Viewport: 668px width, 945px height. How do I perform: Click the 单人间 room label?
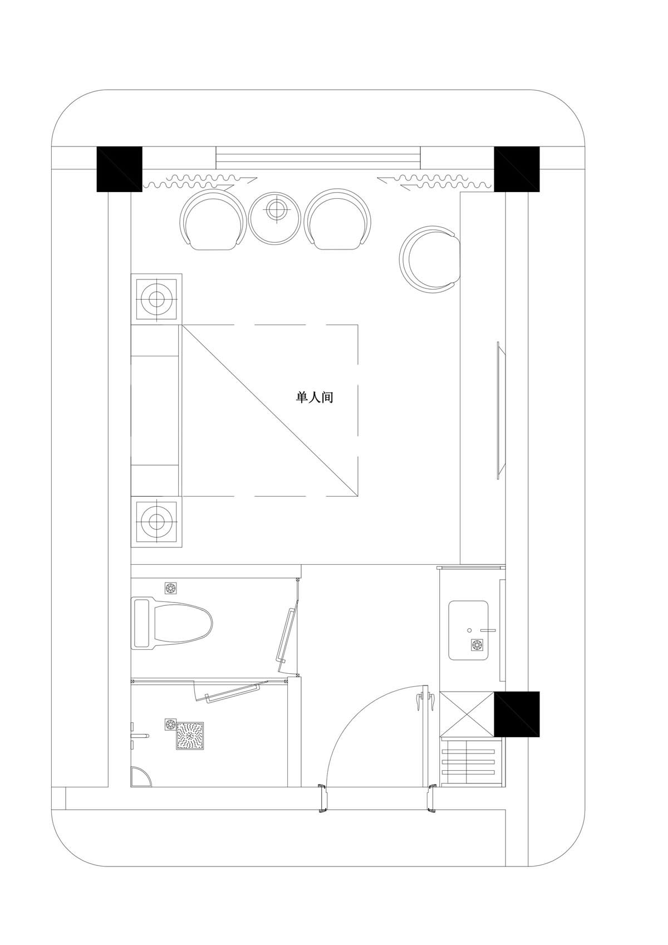[x=315, y=398]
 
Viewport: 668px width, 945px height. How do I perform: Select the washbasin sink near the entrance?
[x=468, y=630]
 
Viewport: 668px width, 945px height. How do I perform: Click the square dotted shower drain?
[x=190, y=735]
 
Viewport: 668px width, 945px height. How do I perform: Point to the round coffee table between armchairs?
[x=276, y=218]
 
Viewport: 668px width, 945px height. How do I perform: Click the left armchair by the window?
[x=213, y=219]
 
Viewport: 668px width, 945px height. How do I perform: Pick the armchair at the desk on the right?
[x=429, y=259]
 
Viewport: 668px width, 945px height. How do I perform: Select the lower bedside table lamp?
[x=156, y=521]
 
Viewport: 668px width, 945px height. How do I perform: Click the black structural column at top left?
[x=119, y=169]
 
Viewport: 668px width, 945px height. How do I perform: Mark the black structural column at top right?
[x=517, y=169]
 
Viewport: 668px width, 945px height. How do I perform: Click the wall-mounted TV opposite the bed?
[x=501, y=410]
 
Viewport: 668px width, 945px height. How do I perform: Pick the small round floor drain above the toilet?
[x=170, y=587]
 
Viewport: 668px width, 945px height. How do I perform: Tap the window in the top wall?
[x=318, y=158]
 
